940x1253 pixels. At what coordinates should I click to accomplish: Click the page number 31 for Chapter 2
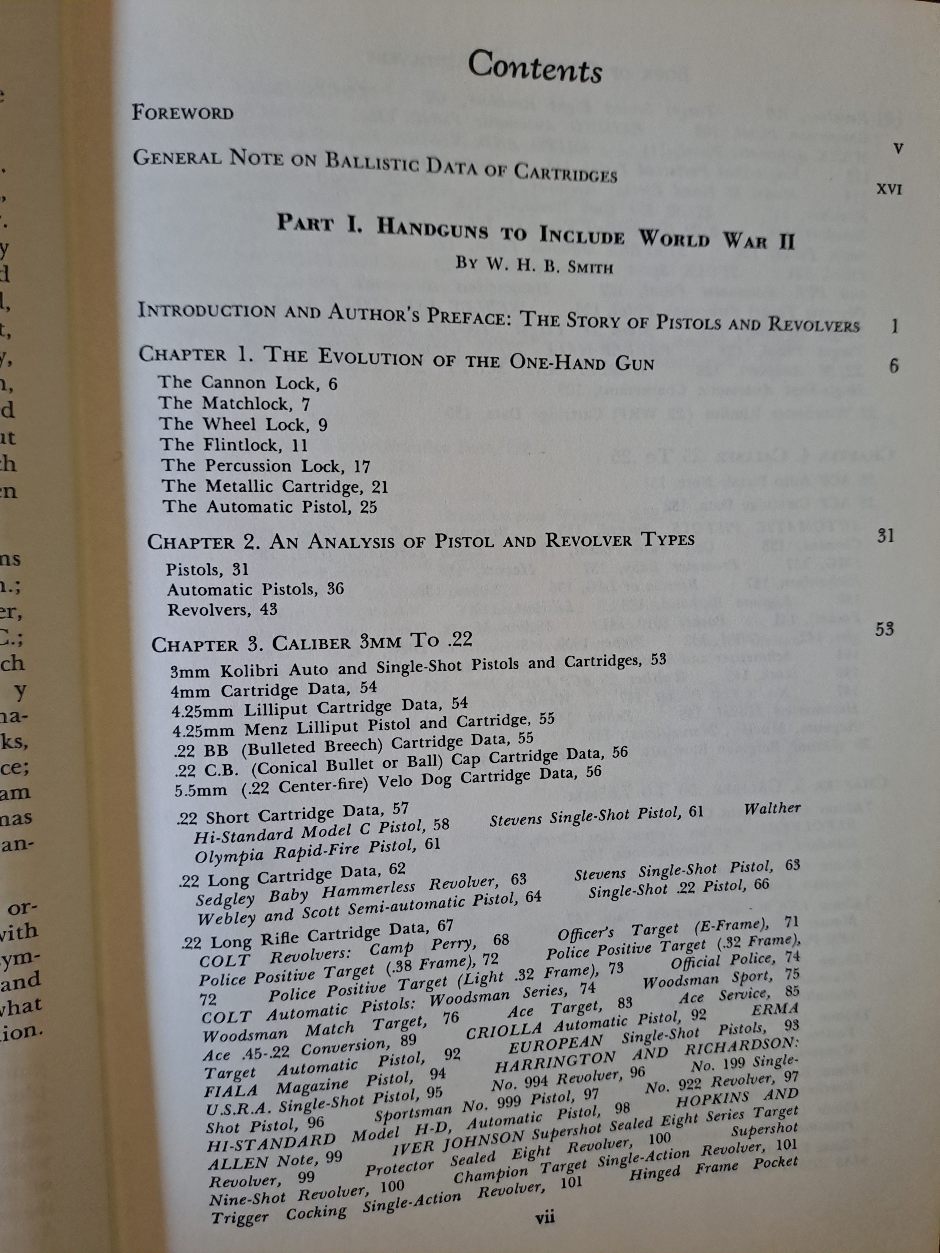click(885, 536)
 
